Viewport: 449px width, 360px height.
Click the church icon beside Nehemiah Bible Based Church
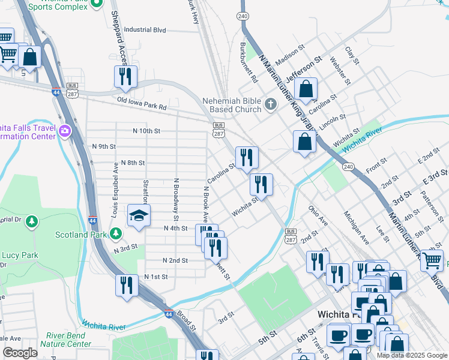coord(270,106)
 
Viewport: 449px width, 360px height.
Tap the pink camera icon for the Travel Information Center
coord(65,130)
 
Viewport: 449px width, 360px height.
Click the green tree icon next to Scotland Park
coord(115,234)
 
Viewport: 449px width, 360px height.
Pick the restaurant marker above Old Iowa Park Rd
coord(125,77)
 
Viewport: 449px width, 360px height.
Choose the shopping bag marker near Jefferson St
coord(306,89)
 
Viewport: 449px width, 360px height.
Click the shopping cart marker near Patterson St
coord(432,261)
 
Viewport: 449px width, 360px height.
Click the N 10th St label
coord(146,131)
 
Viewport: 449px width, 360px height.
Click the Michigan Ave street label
coord(356,227)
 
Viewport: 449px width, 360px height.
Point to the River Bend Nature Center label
coord(66,340)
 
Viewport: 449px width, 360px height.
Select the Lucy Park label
coord(20,255)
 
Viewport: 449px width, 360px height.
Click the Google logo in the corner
coord(20,353)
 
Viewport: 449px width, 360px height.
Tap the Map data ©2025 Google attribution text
coord(411,355)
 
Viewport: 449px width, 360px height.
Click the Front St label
coord(376,166)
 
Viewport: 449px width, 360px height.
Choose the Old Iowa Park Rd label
coord(142,103)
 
